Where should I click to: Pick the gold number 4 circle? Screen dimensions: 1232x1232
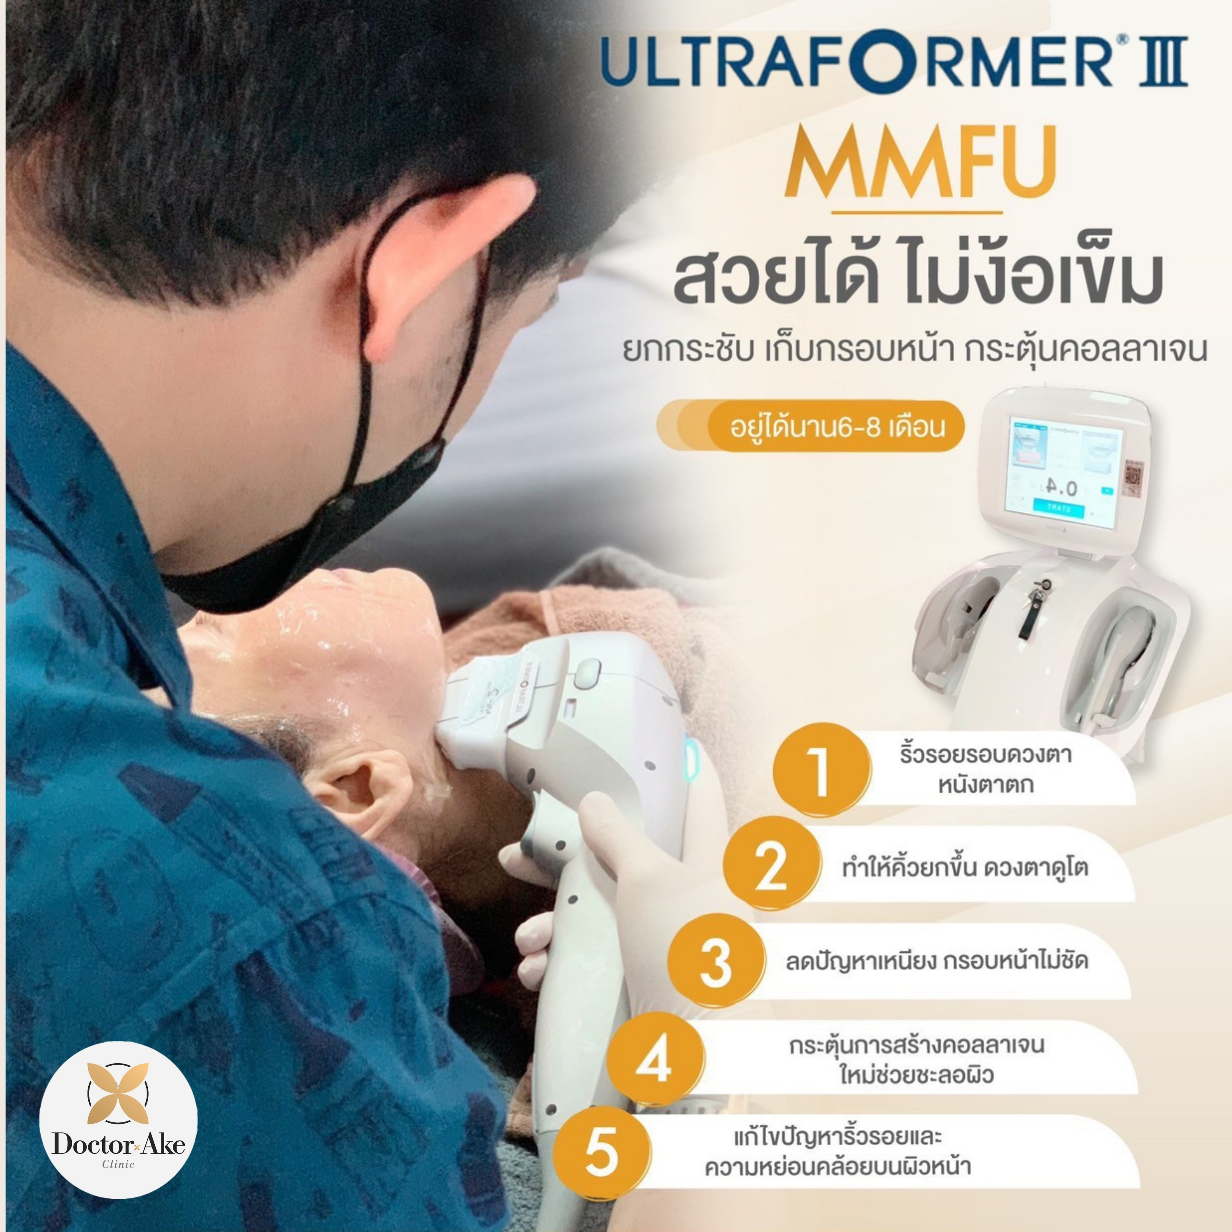pyautogui.click(x=655, y=1059)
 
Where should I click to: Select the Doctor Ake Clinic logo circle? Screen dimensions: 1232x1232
pyautogui.click(x=119, y=1120)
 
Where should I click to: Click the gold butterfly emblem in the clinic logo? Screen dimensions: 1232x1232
pyautogui.click(x=118, y=1093)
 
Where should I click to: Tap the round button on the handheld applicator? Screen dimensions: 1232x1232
pyautogui.click(x=587, y=672)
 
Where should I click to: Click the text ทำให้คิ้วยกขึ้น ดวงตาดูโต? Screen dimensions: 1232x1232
pyautogui.click(x=965, y=867)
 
